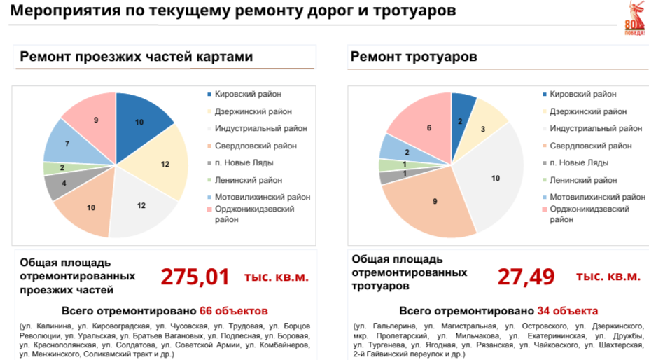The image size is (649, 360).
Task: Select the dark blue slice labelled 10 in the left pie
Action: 141,122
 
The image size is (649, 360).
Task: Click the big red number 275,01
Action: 195,277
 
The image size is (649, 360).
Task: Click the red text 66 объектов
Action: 234,310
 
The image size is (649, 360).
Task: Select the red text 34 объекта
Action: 568,310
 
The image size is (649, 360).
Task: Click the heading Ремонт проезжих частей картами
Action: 136,57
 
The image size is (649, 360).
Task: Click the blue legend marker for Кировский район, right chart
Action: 544,95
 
